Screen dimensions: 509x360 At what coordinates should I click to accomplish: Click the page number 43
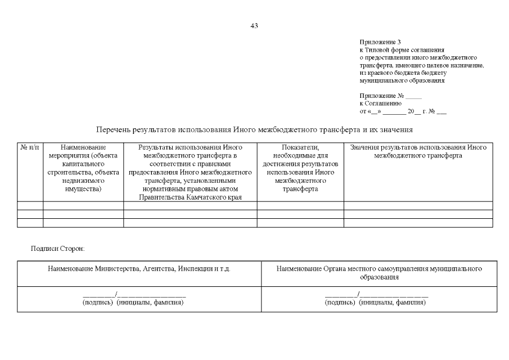coord(254,26)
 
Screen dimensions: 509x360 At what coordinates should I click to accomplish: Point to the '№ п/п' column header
coord(30,147)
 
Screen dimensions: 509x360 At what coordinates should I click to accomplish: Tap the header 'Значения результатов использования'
coord(418,151)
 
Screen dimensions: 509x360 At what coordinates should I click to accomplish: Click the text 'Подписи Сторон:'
coord(58,248)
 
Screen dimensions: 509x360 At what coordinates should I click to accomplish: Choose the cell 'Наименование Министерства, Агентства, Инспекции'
coord(139,269)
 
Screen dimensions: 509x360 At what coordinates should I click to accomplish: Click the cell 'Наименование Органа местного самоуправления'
coord(379,273)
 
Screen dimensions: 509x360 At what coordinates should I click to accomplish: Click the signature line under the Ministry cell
coord(134,295)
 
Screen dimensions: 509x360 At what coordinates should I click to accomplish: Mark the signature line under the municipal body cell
coord(376,295)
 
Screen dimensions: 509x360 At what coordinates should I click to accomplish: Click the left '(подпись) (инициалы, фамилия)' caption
coord(133,303)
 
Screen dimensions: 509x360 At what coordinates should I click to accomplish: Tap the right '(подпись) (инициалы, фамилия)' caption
coord(375,303)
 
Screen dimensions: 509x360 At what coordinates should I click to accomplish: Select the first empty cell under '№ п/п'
coord(30,205)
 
